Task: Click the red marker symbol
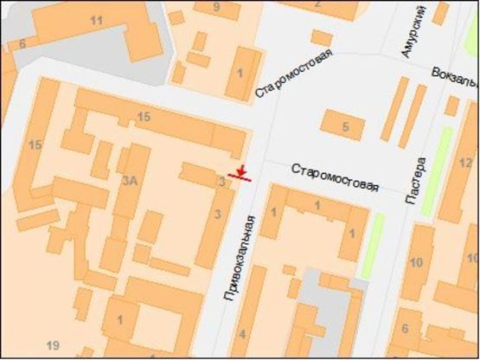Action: [x=240, y=174]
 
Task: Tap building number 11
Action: [x=96, y=20]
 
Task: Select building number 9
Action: [x=216, y=7]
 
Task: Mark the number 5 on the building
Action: [x=345, y=128]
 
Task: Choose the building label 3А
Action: [x=131, y=180]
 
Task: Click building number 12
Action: [x=465, y=162]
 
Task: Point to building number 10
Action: [x=417, y=261]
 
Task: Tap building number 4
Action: [x=242, y=334]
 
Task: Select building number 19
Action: [x=54, y=345]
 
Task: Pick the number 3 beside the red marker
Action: [x=222, y=182]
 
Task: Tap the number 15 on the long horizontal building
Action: [x=144, y=117]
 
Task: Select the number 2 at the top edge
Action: [x=318, y=3]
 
